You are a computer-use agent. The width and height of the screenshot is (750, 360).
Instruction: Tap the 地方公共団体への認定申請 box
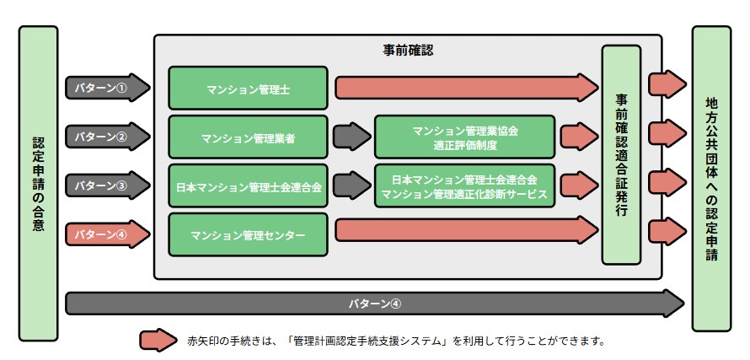[712, 178]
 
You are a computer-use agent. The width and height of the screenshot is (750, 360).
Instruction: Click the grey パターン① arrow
[106, 86]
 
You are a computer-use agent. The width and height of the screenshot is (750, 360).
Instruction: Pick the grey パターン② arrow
[106, 135]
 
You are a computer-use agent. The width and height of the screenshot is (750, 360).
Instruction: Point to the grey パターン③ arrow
[106, 185]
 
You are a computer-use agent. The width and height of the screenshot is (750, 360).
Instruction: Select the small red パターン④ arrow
[106, 234]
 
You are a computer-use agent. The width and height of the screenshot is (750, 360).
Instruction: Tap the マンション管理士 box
[247, 88]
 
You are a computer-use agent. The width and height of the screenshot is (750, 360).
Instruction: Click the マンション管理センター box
[247, 234]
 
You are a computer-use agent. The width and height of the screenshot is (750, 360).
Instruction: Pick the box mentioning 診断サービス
[464, 186]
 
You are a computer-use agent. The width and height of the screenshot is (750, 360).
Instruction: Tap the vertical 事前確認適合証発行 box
[621, 155]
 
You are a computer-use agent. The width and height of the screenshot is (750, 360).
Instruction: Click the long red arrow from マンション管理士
[466, 87]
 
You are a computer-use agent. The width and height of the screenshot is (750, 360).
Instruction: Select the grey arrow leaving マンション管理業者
[351, 136]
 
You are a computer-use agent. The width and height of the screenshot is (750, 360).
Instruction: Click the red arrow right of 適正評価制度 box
[578, 136]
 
